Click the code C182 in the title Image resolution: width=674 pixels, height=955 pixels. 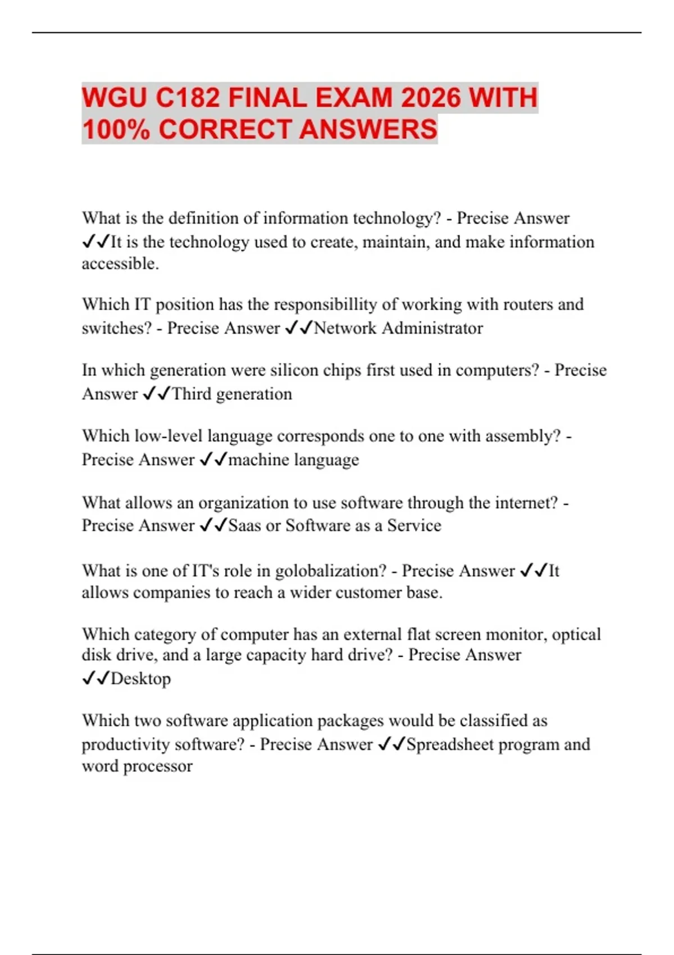188,98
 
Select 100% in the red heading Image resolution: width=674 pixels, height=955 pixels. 116,129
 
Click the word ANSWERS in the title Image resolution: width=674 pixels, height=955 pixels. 368,129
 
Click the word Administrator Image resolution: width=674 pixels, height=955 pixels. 432,328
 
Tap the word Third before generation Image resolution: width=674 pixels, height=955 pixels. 192,394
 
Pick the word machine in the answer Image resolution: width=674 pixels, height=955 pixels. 258,460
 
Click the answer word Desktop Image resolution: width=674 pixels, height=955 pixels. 141,679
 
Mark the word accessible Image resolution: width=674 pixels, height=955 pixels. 120,263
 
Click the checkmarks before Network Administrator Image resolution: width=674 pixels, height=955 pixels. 298,328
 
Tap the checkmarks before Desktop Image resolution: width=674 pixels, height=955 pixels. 95,679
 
